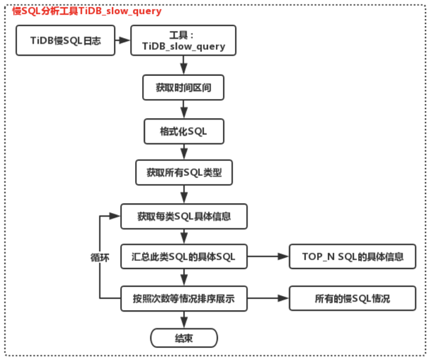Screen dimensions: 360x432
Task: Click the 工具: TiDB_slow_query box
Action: pos(183,41)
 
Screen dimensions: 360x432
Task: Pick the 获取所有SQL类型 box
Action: pos(183,172)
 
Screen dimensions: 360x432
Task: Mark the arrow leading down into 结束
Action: pos(184,319)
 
